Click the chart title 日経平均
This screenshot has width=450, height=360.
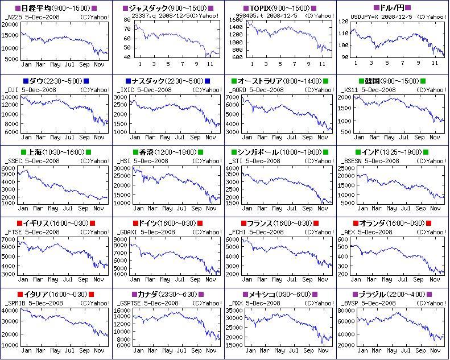point(35,9)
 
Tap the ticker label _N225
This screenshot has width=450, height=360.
point(13,16)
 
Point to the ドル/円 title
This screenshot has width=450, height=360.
point(392,9)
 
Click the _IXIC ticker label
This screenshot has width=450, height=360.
point(126,90)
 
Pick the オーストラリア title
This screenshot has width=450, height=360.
point(261,81)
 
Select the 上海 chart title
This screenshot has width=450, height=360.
point(35,152)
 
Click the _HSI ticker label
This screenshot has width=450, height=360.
point(125,161)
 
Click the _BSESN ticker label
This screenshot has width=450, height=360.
point(354,161)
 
